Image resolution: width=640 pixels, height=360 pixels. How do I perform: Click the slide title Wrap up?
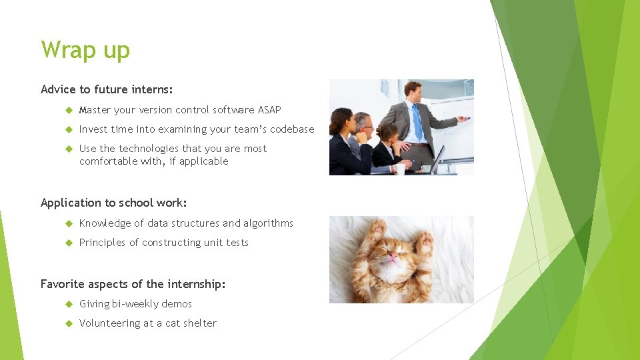pos(85,50)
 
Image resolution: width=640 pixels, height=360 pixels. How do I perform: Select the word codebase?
pos(291,129)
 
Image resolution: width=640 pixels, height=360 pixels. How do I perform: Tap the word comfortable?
pos(109,161)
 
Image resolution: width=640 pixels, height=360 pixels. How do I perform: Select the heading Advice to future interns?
pos(107,89)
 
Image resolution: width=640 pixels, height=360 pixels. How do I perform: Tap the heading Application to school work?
pos(113,203)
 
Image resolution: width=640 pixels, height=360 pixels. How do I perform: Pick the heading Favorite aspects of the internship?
pos(133,284)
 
